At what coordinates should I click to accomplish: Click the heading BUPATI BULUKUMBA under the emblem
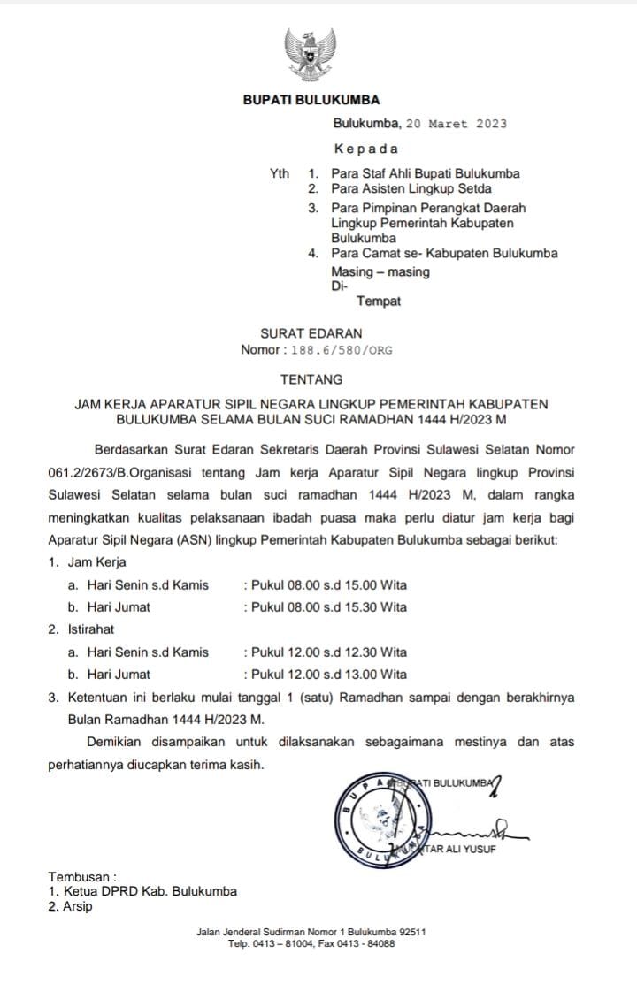[x=311, y=101]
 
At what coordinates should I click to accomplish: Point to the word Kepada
[x=365, y=149]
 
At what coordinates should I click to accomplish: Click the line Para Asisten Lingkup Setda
[x=411, y=188]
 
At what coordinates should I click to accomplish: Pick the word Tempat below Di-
[x=379, y=301]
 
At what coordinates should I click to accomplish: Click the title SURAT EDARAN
[x=311, y=333]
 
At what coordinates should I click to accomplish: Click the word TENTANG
[x=311, y=380]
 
